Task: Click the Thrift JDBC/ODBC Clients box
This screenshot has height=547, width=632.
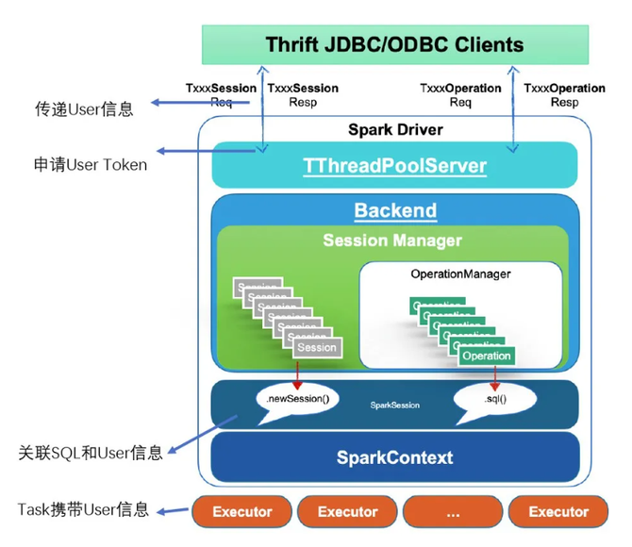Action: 394,44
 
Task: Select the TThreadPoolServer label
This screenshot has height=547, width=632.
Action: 394,167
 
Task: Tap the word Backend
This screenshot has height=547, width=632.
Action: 394,210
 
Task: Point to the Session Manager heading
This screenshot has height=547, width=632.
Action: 392,240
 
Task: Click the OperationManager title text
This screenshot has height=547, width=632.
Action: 460,273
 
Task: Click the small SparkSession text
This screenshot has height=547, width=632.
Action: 394,406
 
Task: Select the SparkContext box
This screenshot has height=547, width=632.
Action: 394,457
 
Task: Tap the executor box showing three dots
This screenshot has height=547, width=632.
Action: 453,512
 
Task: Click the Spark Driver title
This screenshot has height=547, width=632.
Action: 394,129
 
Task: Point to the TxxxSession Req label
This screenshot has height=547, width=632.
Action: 220,95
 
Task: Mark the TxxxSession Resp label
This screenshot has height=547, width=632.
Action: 303,95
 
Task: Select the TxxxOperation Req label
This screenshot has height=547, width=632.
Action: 460,95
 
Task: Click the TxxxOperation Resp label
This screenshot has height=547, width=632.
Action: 564,95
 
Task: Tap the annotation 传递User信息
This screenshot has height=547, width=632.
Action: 84,108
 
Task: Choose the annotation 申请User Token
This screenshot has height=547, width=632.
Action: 90,165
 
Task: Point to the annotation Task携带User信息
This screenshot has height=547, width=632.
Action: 83,510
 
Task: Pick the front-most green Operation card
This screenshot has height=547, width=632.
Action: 487,356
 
